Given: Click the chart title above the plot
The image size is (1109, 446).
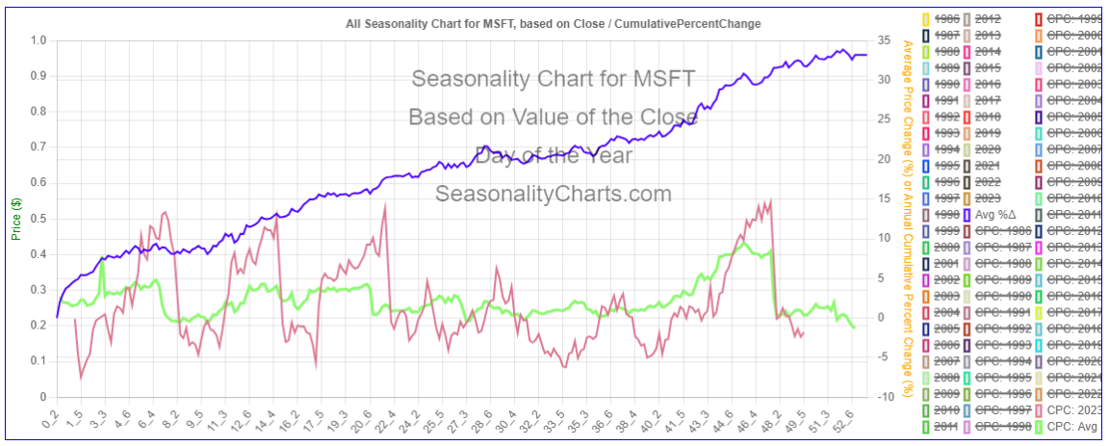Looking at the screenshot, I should pos(553,23).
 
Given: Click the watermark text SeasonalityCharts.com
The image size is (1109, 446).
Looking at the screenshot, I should pos(554,194).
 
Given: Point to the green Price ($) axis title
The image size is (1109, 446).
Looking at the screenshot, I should pos(15,219).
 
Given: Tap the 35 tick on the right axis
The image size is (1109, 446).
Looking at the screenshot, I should pos(880,40).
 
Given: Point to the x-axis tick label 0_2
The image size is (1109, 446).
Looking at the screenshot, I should pos(48,420).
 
